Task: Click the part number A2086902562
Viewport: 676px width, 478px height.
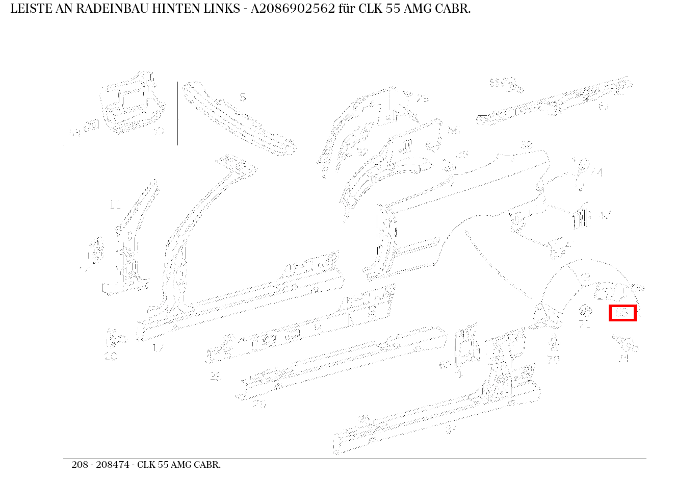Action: (293, 9)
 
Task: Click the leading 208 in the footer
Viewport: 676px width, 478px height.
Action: (80, 465)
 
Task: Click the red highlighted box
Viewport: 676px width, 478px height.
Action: (622, 313)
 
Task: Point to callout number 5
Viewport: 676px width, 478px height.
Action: (243, 97)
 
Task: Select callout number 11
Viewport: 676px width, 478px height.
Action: (115, 205)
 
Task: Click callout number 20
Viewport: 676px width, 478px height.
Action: (111, 357)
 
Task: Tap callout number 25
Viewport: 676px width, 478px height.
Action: (216, 377)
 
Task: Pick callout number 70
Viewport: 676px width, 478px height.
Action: (554, 359)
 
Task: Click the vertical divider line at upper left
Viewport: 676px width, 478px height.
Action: (177, 113)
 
